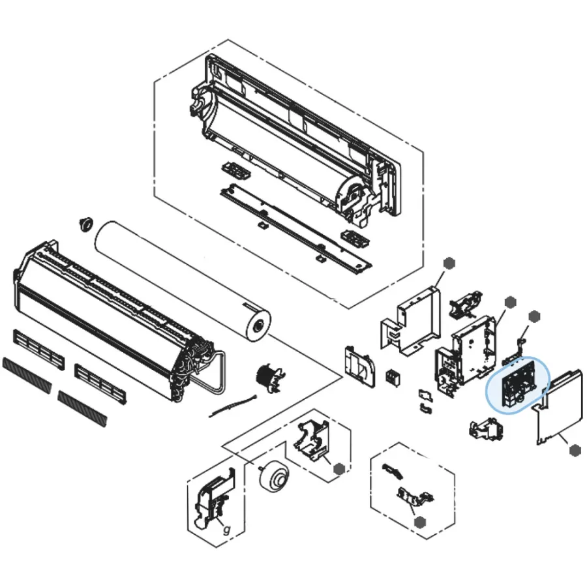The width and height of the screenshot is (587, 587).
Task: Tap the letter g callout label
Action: (227, 530)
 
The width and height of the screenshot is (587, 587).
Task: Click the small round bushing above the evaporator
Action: (86, 224)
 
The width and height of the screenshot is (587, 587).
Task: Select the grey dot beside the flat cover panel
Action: (575, 450)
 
